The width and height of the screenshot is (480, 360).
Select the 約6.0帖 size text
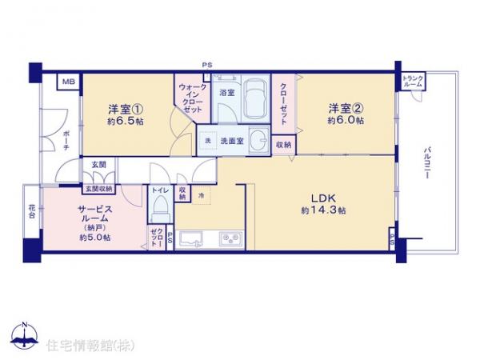pyautogui.click(x=345, y=121)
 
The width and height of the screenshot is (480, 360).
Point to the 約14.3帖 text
pyautogui.click(x=323, y=210)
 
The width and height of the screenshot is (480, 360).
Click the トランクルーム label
pyautogui.click(x=413, y=81)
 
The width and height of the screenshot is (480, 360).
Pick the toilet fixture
pyautogui.click(x=158, y=210)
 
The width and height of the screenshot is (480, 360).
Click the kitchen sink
pyautogui.click(x=192, y=238)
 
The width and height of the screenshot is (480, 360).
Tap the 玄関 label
pyautogui.click(x=98, y=164)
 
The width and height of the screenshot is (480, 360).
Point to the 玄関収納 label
pyautogui.click(x=98, y=189)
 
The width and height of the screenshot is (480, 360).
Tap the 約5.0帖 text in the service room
pyautogui.click(x=94, y=238)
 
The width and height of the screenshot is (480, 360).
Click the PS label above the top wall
pyautogui.click(x=207, y=65)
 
